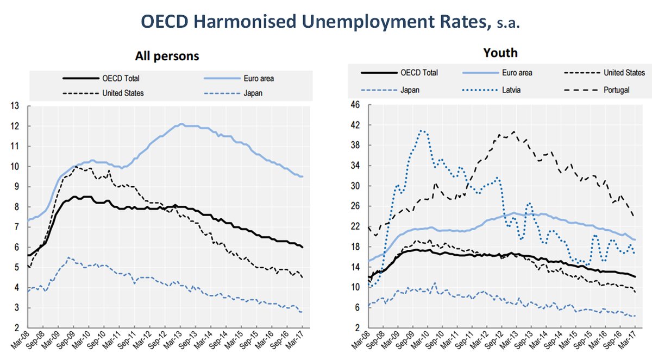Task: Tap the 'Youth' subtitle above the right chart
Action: click(500, 53)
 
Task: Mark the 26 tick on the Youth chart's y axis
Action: click(354, 206)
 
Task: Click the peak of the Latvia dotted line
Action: click(422, 130)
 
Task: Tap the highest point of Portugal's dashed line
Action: click(513, 131)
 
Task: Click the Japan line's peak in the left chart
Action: click(68, 257)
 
